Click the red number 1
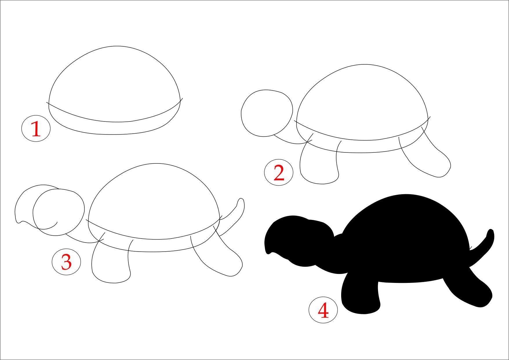36,129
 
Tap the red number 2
279,173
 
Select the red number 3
66,262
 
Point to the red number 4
323,310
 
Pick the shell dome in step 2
362,65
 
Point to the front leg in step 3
112,283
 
